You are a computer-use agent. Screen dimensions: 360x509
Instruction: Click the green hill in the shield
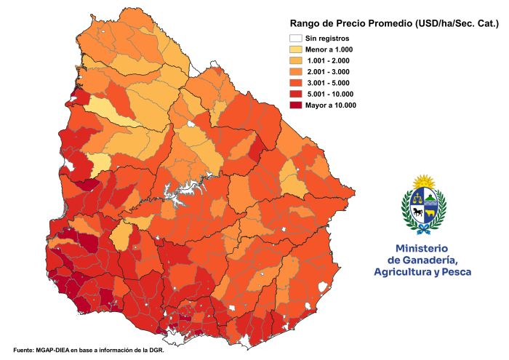(430, 197)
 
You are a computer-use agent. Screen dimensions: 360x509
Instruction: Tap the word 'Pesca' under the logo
(455, 272)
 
